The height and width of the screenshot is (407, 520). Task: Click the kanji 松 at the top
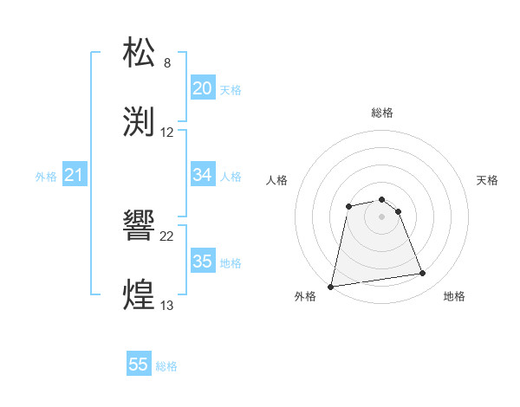point(140,53)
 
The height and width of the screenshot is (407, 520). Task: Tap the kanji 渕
point(140,121)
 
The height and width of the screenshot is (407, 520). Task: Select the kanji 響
point(140,226)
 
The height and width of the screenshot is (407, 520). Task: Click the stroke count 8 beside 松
point(167,63)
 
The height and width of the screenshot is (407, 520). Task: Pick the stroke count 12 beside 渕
point(167,132)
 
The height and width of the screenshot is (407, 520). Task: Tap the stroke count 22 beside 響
point(167,236)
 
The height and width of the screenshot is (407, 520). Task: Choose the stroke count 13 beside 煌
point(167,306)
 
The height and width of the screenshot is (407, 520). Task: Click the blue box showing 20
point(202,88)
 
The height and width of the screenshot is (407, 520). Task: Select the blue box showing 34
point(202,176)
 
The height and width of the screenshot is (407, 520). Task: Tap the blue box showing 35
point(202,262)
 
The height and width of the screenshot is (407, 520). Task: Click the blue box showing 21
point(74,176)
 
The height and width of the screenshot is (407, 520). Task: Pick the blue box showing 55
point(139,365)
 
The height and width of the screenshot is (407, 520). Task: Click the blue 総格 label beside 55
point(166,366)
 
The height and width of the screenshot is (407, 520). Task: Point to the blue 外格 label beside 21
point(46,177)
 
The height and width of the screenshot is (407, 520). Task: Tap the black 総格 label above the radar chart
point(382,113)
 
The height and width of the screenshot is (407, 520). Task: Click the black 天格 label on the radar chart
point(488,180)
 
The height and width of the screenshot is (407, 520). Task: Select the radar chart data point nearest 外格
point(331,286)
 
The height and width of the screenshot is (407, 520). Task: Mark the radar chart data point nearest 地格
point(423,274)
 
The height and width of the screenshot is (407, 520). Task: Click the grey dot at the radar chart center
point(381,216)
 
